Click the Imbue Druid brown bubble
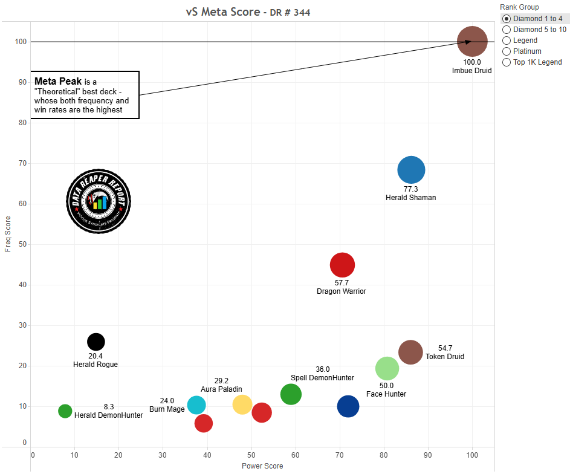[x=472, y=42]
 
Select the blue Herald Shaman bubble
[x=411, y=170]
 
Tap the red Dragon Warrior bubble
[x=342, y=264]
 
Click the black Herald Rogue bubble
[x=96, y=342]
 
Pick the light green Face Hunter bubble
[x=387, y=368]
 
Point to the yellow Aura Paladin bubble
[x=242, y=404]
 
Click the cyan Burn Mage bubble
[x=196, y=405]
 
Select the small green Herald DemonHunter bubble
[x=65, y=411]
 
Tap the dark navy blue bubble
[x=348, y=406]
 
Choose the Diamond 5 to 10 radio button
[x=507, y=30]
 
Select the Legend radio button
[x=507, y=41]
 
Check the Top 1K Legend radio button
[x=507, y=62]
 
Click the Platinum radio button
[x=507, y=51]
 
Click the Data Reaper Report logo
[x=98, y=200]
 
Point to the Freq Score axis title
[x=8, y=234]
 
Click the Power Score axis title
[x=262, y=466]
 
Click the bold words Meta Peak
[x=58, y=82]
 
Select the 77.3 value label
[x=410, y=189]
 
